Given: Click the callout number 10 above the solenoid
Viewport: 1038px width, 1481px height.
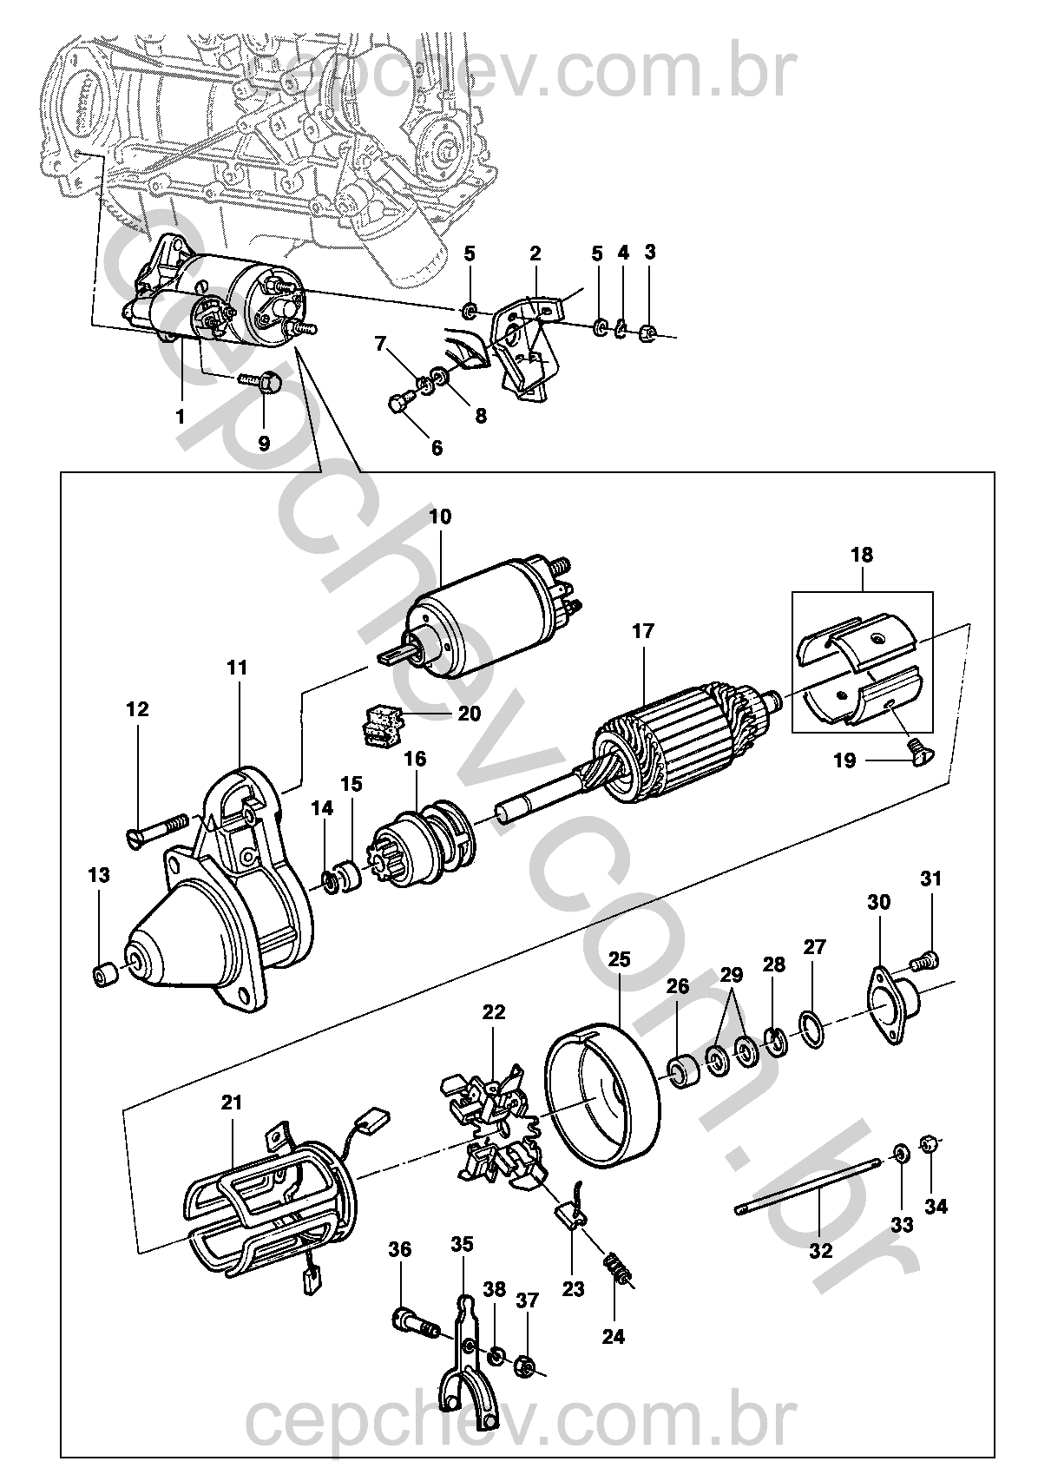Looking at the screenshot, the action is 440,517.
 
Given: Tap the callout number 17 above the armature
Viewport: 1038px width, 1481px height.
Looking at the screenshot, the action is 642,631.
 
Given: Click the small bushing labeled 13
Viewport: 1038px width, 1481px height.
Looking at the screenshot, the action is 104,976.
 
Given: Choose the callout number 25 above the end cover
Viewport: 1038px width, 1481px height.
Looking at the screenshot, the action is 620,958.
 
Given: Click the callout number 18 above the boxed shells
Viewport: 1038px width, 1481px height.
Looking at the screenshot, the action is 862,554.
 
